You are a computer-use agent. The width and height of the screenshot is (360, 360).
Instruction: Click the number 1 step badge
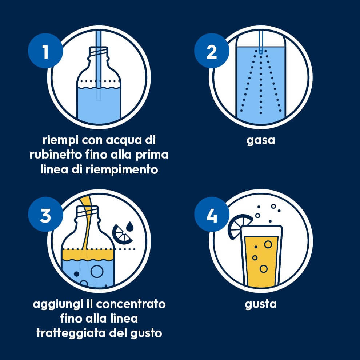coord(45,51)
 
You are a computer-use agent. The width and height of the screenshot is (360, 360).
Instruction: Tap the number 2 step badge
coord(211,51)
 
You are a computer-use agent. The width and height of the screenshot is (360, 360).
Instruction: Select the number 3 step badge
coord(45,215)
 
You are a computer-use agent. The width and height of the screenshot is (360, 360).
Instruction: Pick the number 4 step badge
coord(211,215)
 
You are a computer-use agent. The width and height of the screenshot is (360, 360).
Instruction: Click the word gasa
coord(261,140)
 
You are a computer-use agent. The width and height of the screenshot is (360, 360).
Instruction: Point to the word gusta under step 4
coord(261,304)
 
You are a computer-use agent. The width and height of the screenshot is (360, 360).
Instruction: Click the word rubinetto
coord(56,155)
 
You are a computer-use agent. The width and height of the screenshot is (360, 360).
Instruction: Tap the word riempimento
coord(122,170)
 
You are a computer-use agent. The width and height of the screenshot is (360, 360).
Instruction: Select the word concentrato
coord(131,304)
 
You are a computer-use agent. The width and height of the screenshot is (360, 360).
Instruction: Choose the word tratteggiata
coord(71,333)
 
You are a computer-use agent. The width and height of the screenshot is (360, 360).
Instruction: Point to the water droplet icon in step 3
coord(130,226)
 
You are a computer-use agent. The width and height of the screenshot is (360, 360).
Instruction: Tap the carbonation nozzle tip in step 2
coord(261,51)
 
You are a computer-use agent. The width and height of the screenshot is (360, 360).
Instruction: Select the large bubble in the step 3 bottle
coord(97,271)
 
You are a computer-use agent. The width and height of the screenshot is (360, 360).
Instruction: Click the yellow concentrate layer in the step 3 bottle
coord(88,255)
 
